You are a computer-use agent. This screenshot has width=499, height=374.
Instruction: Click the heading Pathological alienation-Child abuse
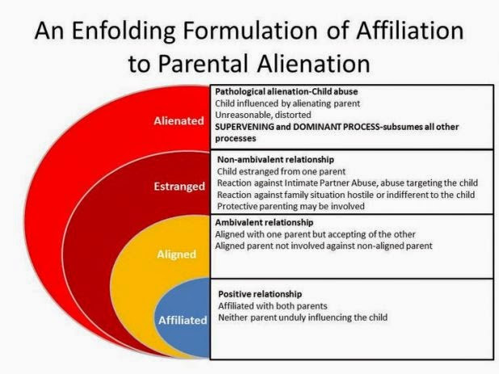pos(285,92)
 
